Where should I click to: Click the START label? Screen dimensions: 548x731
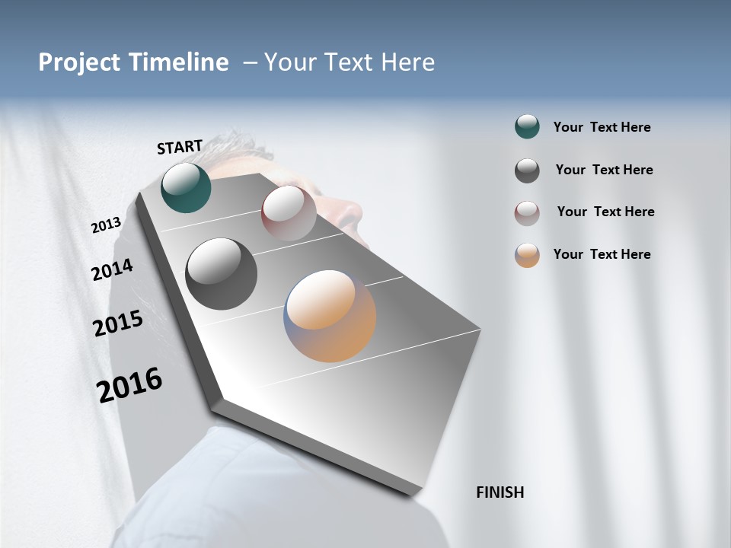[180, 147]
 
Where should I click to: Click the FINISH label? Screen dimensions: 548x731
[500, 492]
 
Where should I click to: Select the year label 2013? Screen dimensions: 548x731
[107, 225]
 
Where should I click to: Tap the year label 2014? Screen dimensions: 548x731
[112, 269]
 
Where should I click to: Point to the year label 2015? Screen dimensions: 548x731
[118, 323]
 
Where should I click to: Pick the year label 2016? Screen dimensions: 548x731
[129, 384]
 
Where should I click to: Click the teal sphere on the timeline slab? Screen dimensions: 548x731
[186, 187]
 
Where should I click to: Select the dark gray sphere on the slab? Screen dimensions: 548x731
[221, 274]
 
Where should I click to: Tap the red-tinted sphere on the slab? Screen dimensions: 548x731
[289, 213]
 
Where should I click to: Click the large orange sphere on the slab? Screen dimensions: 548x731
[330, 316]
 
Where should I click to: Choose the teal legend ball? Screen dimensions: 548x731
[527, 127]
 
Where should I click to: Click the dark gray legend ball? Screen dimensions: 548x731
[527, 170]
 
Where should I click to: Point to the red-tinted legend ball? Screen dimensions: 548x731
[527, 212]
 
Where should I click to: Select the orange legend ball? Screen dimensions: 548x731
[527, 255]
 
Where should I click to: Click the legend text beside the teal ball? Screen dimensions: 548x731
[602, 127]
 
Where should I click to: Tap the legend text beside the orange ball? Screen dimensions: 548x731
[602, 254]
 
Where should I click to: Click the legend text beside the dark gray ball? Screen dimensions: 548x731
[604, 170]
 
